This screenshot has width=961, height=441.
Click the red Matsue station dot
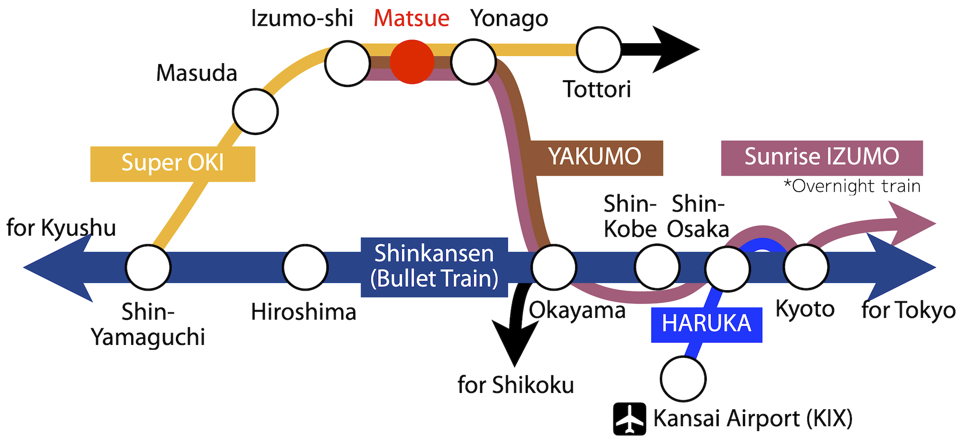[412, 62]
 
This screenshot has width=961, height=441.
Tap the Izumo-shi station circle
[347, 63]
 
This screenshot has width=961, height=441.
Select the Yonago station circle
[473, 62]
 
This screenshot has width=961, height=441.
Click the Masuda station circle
[255, 111]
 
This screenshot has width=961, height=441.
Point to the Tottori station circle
[599, 49]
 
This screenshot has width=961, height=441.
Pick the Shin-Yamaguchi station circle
[148, 268]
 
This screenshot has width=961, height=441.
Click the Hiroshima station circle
[305, 268]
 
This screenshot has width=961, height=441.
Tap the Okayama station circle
[554, 268]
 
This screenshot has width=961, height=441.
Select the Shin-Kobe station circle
[657, 267]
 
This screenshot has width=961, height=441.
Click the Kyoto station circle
[806, 267]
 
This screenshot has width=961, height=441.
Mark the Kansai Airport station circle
[683, 379]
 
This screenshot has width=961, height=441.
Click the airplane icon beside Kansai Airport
[629, 419]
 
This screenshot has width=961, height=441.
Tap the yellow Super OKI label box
[172, 164]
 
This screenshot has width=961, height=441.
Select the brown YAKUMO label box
[595, 158]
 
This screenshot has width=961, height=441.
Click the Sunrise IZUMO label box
[822, 158]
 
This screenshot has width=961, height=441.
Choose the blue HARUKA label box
[706, 325]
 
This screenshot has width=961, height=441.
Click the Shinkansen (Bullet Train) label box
[434, 267]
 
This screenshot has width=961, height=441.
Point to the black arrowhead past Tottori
[673, 49]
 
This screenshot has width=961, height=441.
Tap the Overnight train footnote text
[851, 186]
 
